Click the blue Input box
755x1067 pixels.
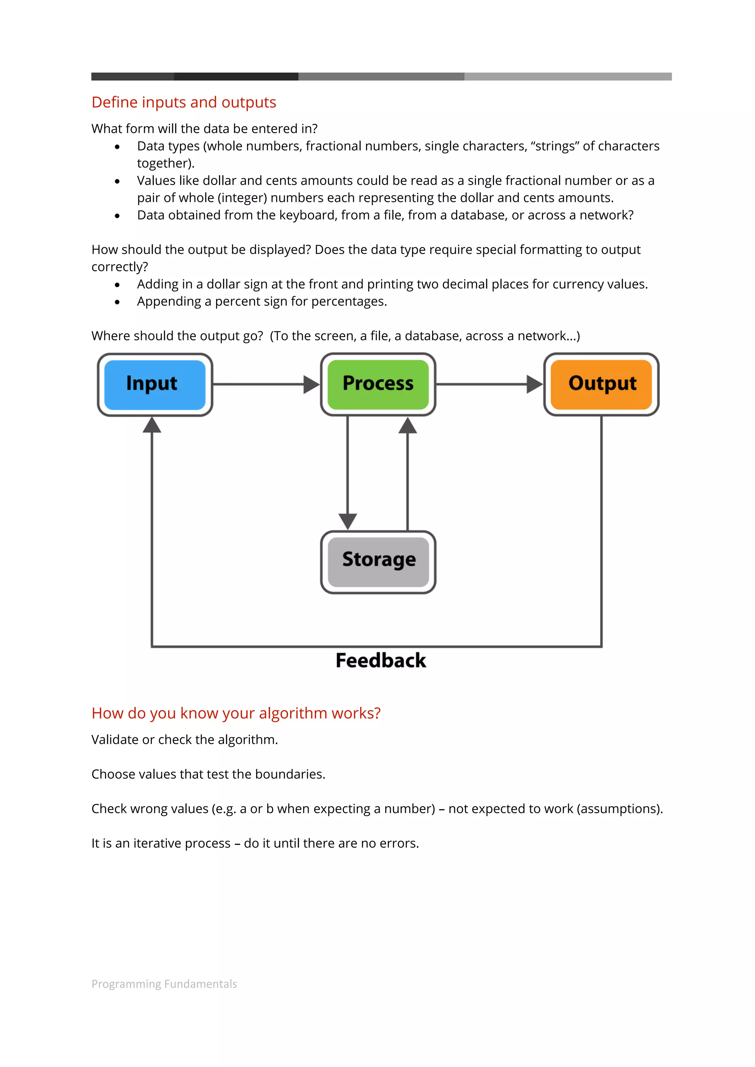pyautogui.click(x=154, y=384)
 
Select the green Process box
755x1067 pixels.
pyautogui.click(x=378, y=384)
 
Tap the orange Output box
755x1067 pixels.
pyautogui.click(x=601, y=384)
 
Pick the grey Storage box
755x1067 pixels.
pyautogui.click(x=378, y=562)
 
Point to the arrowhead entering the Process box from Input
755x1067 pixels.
pyautogui.click(x=311, y=384)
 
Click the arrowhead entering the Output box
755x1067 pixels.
pyautogui.click(x=535, y=384)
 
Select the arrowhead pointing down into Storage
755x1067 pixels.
pyautogui.click(x=348, y=521)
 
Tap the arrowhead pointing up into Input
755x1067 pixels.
pyautogui.click(x=152, y=425)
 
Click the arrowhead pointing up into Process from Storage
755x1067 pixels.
pyautogui.click(x=407, y=425)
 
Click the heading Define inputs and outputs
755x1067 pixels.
pyautogui.click(x=184, y=102)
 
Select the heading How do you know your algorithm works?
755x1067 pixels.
pyautogui.click(x=236, y=713)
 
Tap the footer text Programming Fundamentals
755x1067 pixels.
pyautogui.click(x=164, y=984)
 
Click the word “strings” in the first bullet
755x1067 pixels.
pyautogui.click(x=554, y=146)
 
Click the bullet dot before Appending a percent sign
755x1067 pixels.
pyautogui.click(x=117, y=302)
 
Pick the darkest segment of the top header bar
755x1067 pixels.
pyautogui.click(x=236, y=76)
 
